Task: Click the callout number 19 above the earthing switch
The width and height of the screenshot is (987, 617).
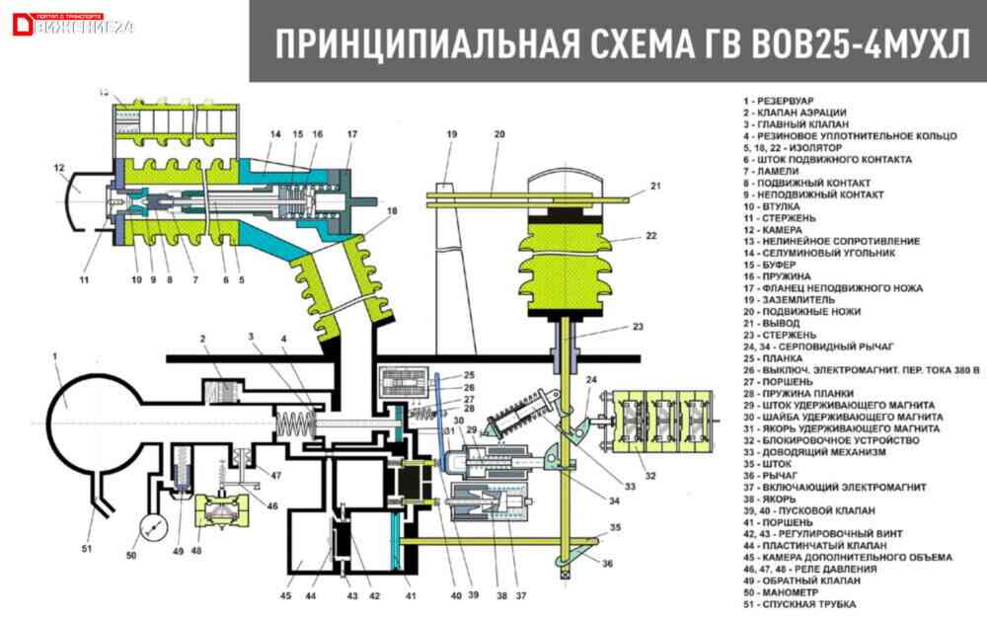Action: click(451, 133)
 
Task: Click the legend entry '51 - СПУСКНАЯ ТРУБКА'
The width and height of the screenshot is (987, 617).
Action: click(800, 604)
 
